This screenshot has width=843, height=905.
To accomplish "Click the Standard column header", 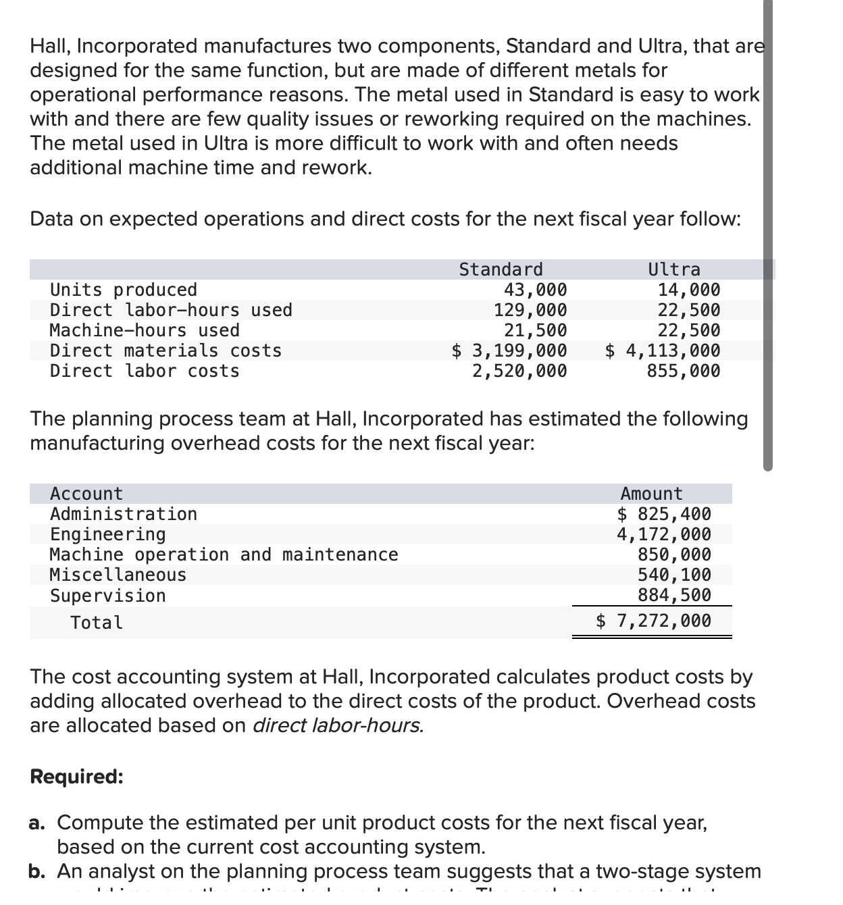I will pyautogui.click(x=501, y=269).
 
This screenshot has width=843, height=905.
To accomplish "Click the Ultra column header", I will pyautogui.click(x=674, y=269).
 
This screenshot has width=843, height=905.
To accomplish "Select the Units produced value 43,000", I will pyautogui.click(x=536, y=290).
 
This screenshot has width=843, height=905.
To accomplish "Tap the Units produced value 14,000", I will pyautogui.click(x=689, y=290).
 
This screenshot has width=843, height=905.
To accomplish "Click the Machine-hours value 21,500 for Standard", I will pyautogui.click(x=536, y=330).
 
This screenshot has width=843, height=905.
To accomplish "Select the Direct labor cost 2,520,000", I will pyautogui.click(x=519, y=371).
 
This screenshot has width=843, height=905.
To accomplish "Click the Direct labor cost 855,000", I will pyautogui.click(x=684, y=371).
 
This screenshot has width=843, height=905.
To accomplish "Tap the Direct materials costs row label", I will pyautogui.click(x=165, y=351).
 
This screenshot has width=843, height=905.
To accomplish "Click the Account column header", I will pyautogui.click(x=86, y=494).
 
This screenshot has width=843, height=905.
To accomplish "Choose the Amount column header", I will pyautogui.click(x=651, y=494).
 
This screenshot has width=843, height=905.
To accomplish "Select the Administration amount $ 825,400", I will pyautogui.click(x=664, y=514).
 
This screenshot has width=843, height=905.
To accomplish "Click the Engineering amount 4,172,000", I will pyautogui.click(x=664, y=534).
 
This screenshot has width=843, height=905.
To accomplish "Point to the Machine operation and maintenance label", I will pyautogui.click(x=224, y=554).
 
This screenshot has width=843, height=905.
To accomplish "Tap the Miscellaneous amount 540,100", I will pyautogui.click(x=674, y=575).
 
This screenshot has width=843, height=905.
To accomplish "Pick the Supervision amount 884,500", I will pyautogui.click(x=674, y=595).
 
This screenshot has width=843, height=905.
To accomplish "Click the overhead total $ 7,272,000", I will pyautogui.click(x=653, y=621).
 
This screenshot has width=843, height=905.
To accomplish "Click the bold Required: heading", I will pyautogui.click(x=76, y=777).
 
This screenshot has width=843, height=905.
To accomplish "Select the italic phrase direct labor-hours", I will pyautogui.click(x=338, y=725).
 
